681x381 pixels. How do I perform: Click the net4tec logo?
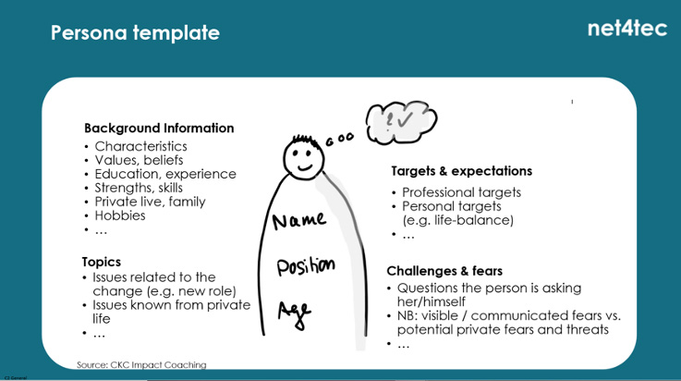627,29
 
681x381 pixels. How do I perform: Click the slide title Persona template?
135,33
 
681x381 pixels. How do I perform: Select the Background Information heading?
159,129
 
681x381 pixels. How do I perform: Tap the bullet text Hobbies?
120,215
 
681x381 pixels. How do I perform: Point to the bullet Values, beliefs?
139,160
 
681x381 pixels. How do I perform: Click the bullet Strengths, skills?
139,188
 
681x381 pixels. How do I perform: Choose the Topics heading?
102,262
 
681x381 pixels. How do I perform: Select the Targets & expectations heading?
462,171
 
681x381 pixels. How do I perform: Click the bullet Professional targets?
461,192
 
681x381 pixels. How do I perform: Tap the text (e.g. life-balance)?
457,220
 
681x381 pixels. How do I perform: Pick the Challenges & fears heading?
444,271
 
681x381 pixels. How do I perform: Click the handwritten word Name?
298,220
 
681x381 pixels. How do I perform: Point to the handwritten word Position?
306,266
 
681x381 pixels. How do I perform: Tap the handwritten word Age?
295,315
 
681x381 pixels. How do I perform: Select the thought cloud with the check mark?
401,122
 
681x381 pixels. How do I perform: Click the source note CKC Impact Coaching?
141,365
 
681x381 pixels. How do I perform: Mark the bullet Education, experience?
165,174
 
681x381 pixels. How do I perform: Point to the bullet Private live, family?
150,202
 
